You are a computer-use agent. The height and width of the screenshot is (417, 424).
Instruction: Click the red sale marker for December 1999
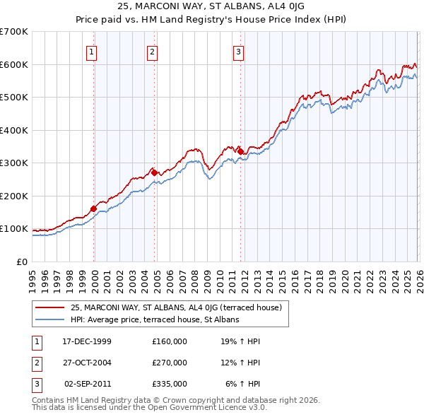[x=93, y=208]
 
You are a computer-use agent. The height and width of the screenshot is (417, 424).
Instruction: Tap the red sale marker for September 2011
[x=240, y=151]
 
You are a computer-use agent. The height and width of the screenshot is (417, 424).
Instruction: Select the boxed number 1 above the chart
[x=92, y=51]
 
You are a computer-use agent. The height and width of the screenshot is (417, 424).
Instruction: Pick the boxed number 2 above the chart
[x=153, y=51]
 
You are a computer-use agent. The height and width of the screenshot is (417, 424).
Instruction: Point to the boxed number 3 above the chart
[x=239, y=51]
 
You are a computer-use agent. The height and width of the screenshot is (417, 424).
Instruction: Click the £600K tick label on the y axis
[x=13, y=64]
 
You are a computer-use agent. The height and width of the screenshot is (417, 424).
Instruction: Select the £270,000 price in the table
[x=170, y=363]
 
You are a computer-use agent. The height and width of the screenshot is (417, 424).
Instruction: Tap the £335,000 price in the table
[x=170, y=384]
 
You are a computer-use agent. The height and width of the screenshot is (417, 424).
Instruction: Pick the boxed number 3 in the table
[x=36, y=384]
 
